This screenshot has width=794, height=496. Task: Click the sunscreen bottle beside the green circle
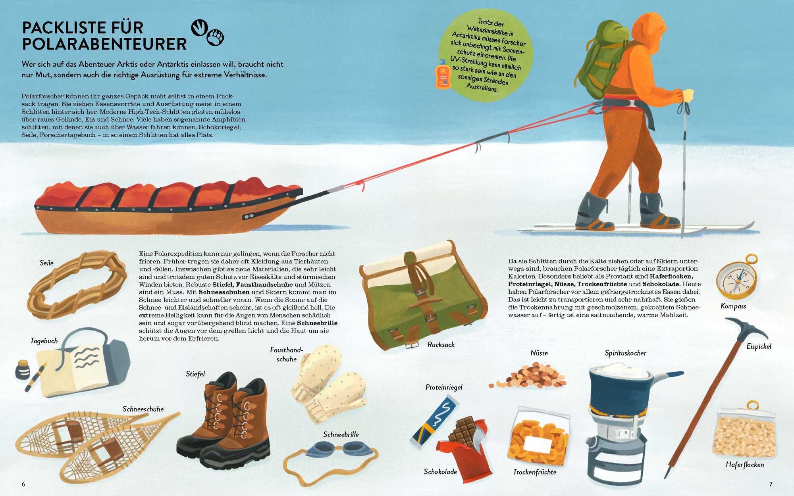coord(443,74)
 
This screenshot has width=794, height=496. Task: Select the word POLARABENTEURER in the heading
coord(104,44)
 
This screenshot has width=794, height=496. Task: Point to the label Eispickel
coord(759,346)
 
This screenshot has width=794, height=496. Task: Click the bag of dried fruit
coord(539,436)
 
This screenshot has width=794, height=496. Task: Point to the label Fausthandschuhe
coord(286,354)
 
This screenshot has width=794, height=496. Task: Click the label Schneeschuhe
coord(143,409)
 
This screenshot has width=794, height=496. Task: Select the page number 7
coord(771,484)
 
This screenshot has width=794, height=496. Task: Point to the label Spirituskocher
coord(625,353)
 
